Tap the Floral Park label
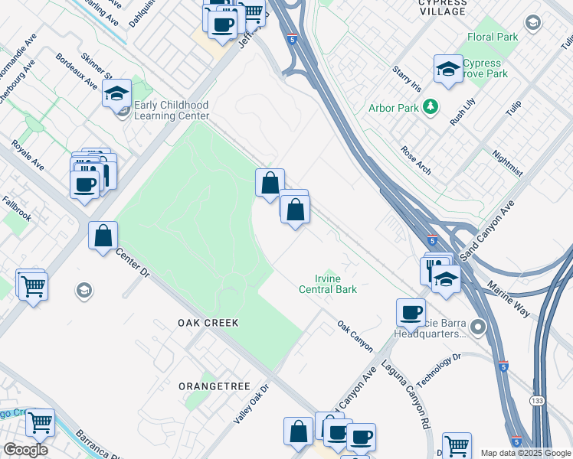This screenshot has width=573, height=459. (x=493, y=37)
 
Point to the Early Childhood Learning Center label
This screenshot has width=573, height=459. (x=171, y=110)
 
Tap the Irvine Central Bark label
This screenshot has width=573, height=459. (x=328, y=284)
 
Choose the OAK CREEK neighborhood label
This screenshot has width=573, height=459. (x=208, y=323)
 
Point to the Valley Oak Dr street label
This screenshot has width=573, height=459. (x=252, y=404)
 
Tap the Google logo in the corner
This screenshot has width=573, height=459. (x=25, y=450)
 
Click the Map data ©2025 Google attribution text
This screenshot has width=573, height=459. (x=526, y=453)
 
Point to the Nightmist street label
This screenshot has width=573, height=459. (x=509, y=162)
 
